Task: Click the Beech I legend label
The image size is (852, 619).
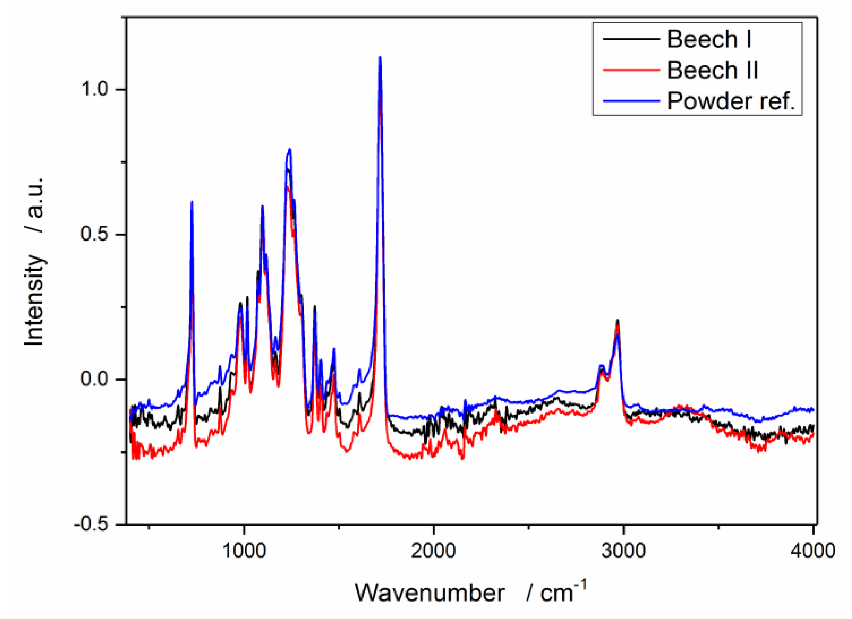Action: (x=709, y=39)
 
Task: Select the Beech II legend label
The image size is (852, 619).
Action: (x=712, y=70)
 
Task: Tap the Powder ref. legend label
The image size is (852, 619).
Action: (x=731, y=101)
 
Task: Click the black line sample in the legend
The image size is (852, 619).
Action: (x=631, y=39)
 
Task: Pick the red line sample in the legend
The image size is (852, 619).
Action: (x=631, y=70)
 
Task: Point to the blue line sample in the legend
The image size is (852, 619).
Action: (x=631, y=101)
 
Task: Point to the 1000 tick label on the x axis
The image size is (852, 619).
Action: (x=244, y=551)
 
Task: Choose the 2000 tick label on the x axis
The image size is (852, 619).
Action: (x=434, y=551)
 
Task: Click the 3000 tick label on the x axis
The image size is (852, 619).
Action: (x=623, y=551)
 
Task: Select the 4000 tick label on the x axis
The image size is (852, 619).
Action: (x=813, y=551)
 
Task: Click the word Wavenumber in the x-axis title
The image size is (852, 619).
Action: (x=430, y=593)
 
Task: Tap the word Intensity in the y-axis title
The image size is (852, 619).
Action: (x=34, y=300)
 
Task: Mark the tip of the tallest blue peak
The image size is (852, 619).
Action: (x=380, y=57)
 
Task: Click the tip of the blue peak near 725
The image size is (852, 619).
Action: (x=192, y=201)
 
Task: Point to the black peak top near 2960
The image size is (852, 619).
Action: (x=617, y=320)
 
